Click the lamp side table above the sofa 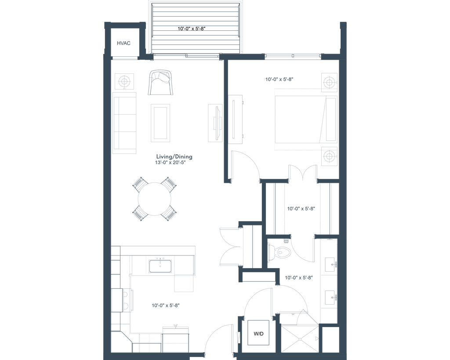coord(123,81)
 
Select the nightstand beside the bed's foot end coord(329,156)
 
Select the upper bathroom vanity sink coord(329,264)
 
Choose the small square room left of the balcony coord(124,43)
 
